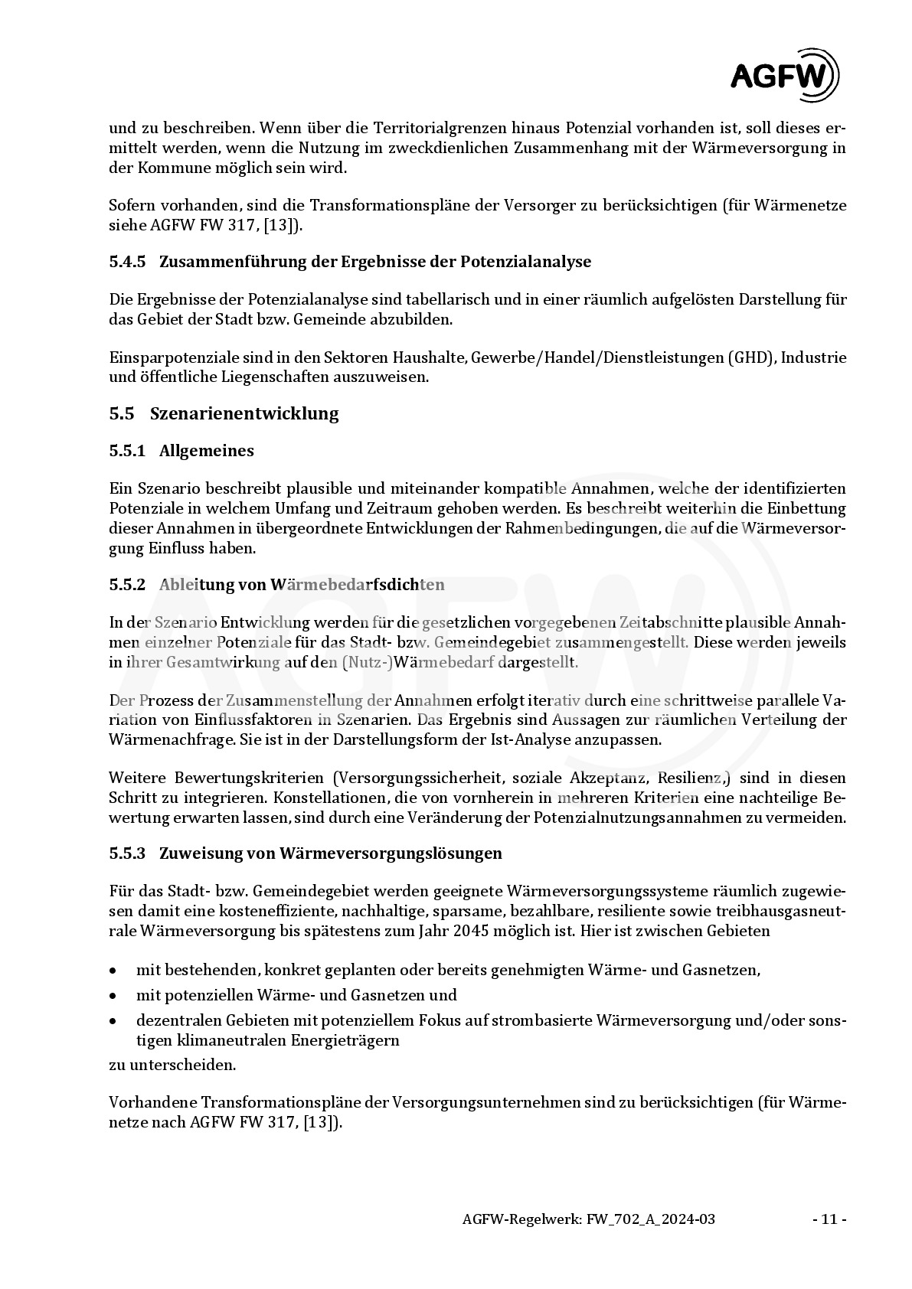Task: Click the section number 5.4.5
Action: point(127,262)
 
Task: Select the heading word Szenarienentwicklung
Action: point(244,414)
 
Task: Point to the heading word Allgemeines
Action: point(207,451)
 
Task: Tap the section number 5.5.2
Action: point(127,585)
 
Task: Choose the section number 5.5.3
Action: point(127,853)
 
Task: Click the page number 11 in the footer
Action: point(829,1219)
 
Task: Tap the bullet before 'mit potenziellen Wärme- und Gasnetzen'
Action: point(113,996)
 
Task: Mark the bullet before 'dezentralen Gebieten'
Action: point(113,1021)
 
